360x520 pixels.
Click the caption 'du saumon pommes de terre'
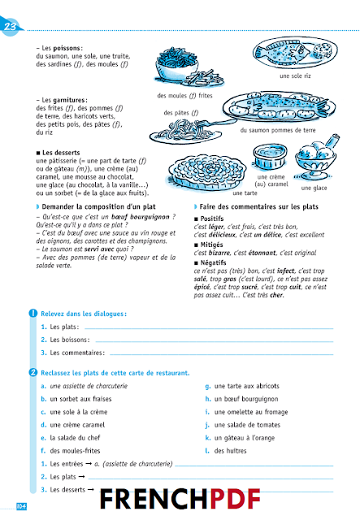(279, 130)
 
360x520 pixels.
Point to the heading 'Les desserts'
(64, 153)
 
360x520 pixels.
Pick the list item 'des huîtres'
(236, 451)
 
